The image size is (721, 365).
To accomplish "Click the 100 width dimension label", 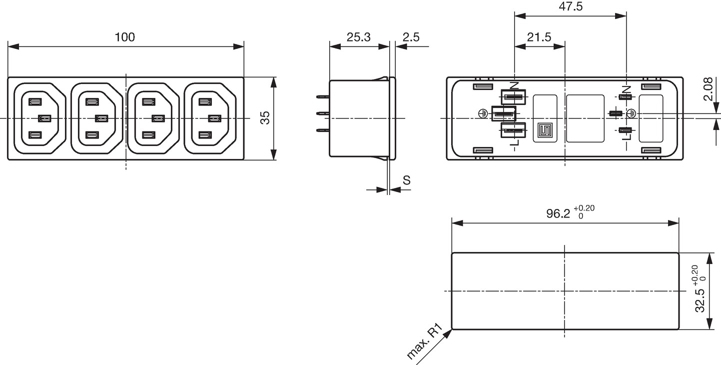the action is [125, 37].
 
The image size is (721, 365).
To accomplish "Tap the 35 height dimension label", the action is [265, 118].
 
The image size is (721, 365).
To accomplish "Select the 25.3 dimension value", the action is [359, 37].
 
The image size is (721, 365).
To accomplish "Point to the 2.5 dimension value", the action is [411, 37].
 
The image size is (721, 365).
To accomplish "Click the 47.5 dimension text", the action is [571, 6].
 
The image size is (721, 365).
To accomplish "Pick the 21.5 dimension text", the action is [539, 37].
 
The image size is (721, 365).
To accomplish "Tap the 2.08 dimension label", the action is [708, 89].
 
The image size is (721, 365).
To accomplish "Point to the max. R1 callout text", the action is [425, 342].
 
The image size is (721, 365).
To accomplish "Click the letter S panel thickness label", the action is [407, 180].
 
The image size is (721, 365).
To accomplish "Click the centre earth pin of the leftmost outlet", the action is [44, 118].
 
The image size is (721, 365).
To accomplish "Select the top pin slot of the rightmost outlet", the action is [205, 102].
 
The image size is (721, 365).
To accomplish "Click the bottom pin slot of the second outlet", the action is [92, 134].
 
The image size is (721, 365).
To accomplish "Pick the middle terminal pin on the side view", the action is [323, 113].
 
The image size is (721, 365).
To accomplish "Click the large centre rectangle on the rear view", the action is [585, 118].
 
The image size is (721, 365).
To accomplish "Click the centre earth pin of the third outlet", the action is [158, 118].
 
